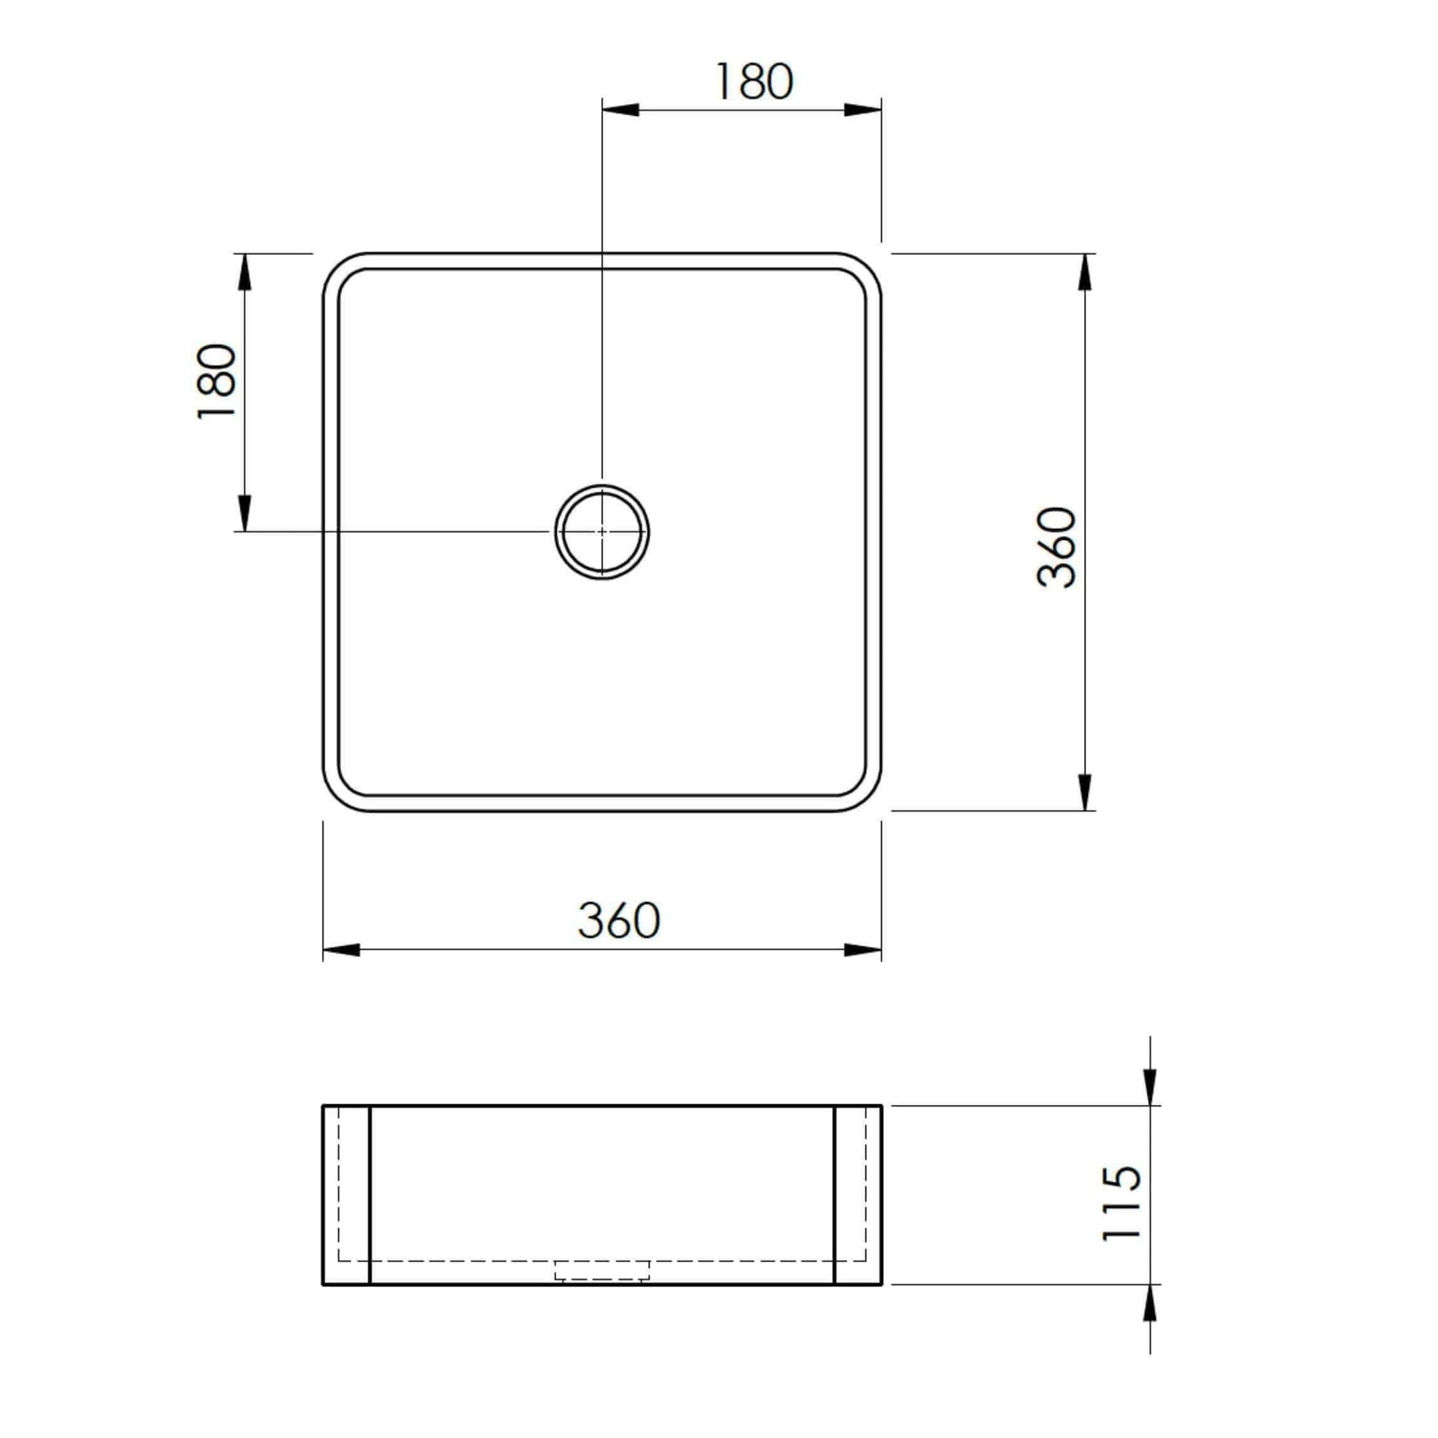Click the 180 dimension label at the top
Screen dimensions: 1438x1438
pyautogui.click(x=753, y=81)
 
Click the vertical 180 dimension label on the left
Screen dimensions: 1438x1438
pyautogui.click(x=216, y=380)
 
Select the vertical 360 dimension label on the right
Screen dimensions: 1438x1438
pyautogui.click(x=1057, y=548)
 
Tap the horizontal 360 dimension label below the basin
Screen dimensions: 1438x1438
pyautogui.click(x=619, y=920)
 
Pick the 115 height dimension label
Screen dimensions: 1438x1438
pyautogui.click(x=1121, y=1203)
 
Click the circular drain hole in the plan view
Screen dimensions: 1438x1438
pyautogui.click(x=602, y=531)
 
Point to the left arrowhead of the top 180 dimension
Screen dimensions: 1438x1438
pyautogui.click(x=620, y=109)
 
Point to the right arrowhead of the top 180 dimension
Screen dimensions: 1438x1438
pyautogui.click(x=863, y=109)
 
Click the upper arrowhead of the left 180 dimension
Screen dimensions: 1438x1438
pyautogui.click(x=244, y=272)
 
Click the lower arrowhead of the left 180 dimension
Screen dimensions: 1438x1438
pyautogui.click(x=244, y=513)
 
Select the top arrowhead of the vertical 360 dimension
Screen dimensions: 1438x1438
pyautogui.click(x=1085, y=272)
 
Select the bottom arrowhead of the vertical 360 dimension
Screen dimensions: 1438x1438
pyautogui.click(x=1085, y=792)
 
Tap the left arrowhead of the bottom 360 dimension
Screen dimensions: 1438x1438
pyautogui.click(x=342, y=950)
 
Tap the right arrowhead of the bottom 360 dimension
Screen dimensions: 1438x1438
pyautogui.click(x=863, y=950)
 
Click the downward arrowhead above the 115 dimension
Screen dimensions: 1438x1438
pyautogui.click(x=1150, y=1087)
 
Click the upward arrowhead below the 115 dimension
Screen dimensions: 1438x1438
pyautogui.click(x=1150, y=1304)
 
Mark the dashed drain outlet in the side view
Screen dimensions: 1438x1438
pyautogui.click(x=602, y=1270)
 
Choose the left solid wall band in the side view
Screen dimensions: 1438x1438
pyautogui.click(x=347, y=1195)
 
